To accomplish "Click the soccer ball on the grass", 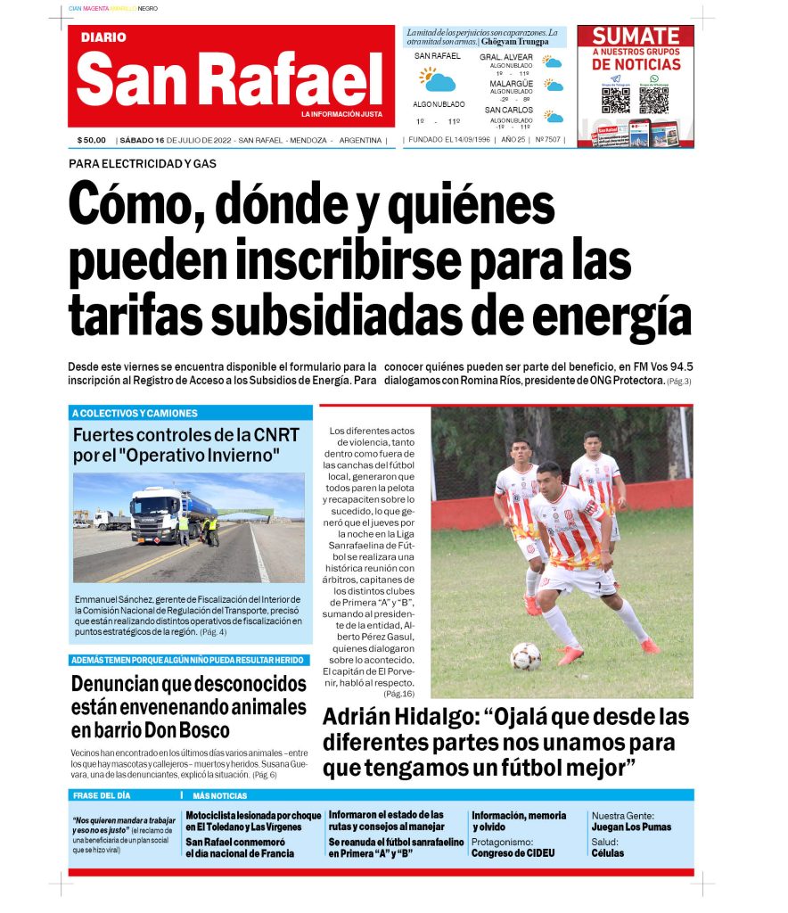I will (x=525, y=656).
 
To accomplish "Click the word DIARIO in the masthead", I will (x=103, y=37).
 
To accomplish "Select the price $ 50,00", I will (x=91, y=140).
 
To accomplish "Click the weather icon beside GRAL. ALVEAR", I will (x=554, y=62).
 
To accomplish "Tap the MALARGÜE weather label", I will (x=511, y=84).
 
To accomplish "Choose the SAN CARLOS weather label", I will (x=510, y=110).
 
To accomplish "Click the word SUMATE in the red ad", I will (x=636, y=37).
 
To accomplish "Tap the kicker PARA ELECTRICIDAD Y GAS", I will (x=143, y=163).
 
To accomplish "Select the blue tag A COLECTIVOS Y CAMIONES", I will (x=135, y=413).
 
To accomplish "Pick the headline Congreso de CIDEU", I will (x=513, y=852).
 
